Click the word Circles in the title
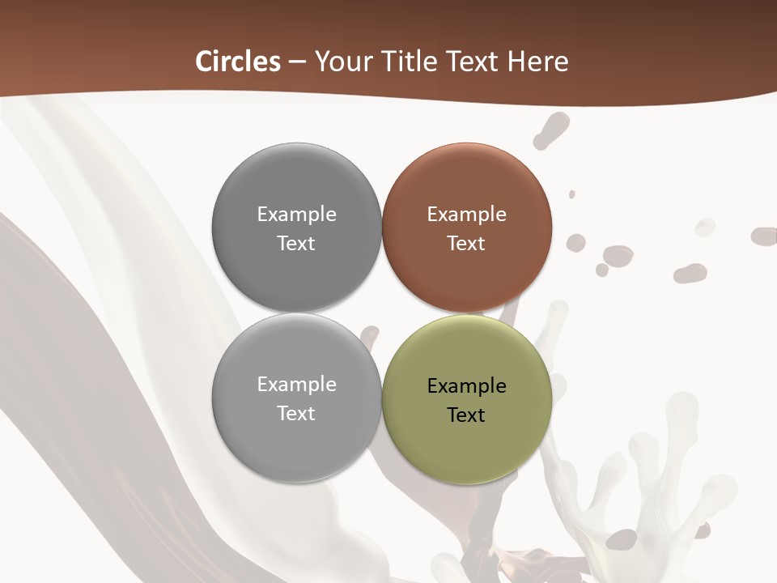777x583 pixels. click(x=238, y=62)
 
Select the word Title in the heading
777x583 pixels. click(x=414, y=62)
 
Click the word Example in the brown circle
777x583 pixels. click(x=466, y=215)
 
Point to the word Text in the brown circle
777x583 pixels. click(x=466, y=244)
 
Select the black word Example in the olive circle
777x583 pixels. click(x=466, y=386)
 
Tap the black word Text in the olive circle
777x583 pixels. click(x=466, y=415)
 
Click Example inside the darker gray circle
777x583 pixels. click(x=296, y=215)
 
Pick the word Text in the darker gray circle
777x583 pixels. click(x=296, y=244)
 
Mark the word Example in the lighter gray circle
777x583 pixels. click(x=296, y=385)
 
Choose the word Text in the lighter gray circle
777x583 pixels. click(x=296, y=414)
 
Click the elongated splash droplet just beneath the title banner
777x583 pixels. click(x=552, y=130)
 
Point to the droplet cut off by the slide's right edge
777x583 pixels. click(x=765, y=236)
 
